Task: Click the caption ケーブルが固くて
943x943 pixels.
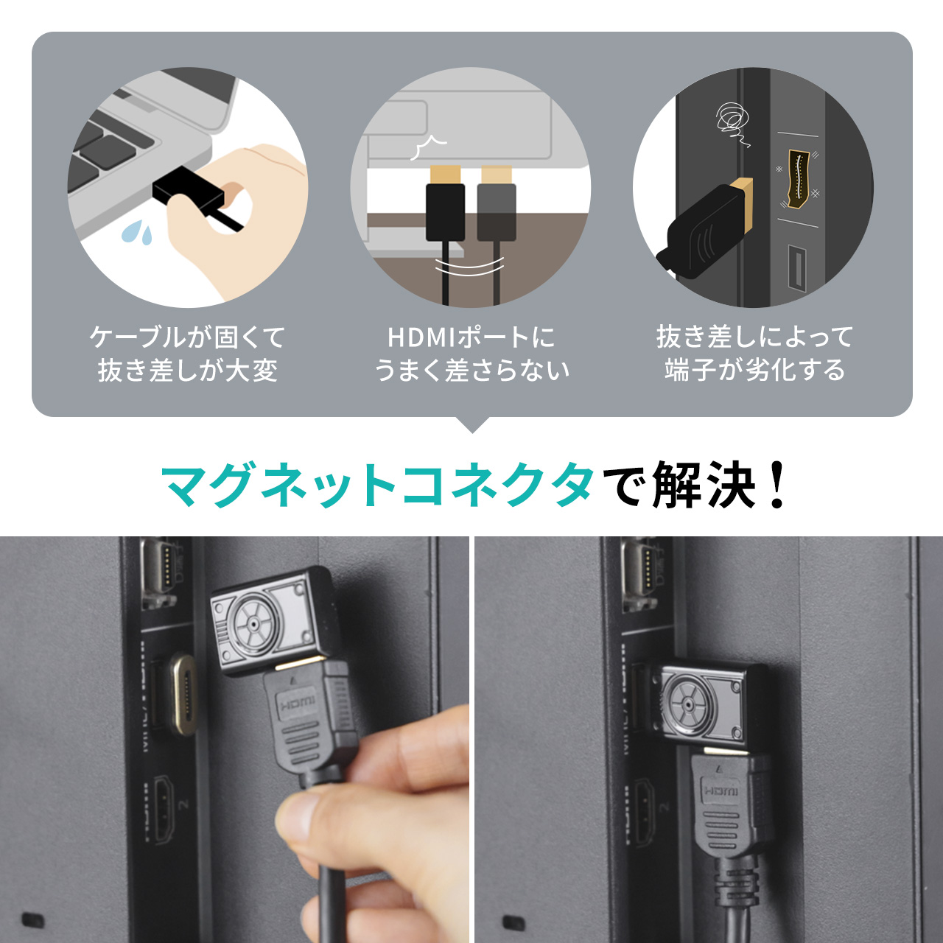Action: tap(187, 337)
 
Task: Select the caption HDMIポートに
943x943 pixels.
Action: tap(471, 337)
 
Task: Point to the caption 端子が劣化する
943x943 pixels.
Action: tap(754, 369)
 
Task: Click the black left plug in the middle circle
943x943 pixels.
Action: tap(446, 212)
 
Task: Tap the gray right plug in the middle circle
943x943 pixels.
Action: tap(496, 212)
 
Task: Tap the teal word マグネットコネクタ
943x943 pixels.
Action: tap(377, 485)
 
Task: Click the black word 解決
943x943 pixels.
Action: tap(704, 485)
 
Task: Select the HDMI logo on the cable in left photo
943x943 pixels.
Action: tap(298, 704)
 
